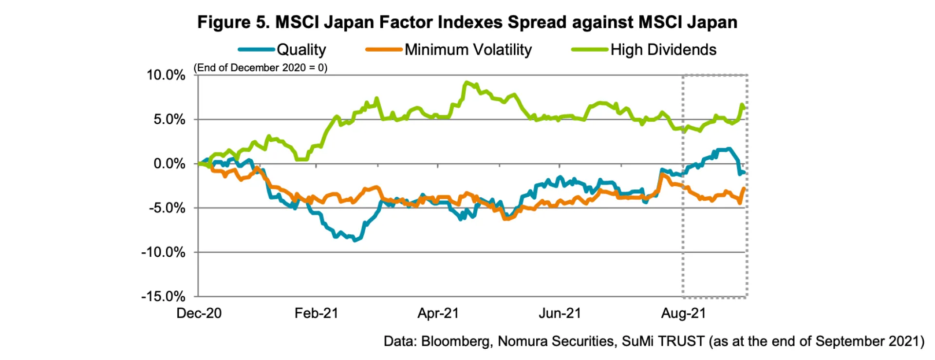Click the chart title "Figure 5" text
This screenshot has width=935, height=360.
tap(233, 22)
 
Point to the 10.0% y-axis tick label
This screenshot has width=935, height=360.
tap(166, 75)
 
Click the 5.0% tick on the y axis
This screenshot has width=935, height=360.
tap(169, 119)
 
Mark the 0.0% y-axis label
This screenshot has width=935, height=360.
tap(169, 164)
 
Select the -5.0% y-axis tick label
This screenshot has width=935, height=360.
tap(167, 208)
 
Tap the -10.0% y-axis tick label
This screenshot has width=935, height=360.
tap(164, 252)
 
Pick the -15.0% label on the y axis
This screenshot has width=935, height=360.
tap(164, 296)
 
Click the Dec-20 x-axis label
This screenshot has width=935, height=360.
tap(199, 313)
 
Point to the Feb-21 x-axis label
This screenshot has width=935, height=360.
tap(316, 313)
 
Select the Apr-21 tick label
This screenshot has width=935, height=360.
tap(438, 313)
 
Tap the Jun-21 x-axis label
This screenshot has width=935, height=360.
tap(560, 313)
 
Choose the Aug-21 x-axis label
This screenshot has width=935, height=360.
tap(683, 313)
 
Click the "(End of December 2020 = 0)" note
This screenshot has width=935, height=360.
tap(261, 68)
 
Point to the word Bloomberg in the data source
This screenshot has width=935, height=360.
tap(455, 341)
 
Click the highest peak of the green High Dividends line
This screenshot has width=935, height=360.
tap(467, 83)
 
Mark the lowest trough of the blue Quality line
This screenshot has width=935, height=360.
tap(355, 240)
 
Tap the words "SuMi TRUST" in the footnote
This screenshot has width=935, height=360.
tap(663, 341)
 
